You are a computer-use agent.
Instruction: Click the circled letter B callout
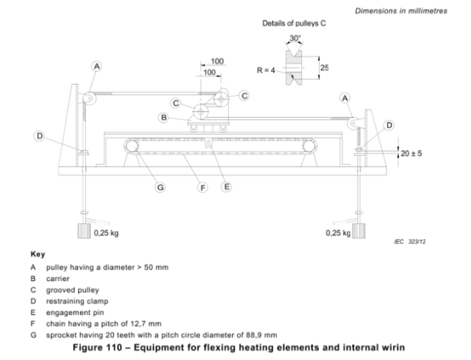click(x=163, y=118)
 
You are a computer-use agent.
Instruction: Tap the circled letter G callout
click(x=160, y=187)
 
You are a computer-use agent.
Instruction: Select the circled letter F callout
click(x=203, y=188)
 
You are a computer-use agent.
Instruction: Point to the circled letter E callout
click(x=227, y=187)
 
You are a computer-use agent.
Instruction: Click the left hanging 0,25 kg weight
click(x=84, y=231)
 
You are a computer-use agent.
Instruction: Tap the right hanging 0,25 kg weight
click(x=358, y=231)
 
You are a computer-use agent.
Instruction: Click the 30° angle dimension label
click(x=295, y=38)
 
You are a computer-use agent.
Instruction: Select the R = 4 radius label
click(x=266, y=70)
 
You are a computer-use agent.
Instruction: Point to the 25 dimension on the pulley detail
click(x=325, y=67)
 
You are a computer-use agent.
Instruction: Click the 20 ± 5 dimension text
click(x=411, y=153)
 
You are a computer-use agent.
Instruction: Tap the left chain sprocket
click(x=132, y=146)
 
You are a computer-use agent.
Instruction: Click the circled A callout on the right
click(x=345, y=98)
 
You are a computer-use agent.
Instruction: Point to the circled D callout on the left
click(x=39, y=136)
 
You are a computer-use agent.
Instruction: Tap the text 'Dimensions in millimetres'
click(x=401, y=11)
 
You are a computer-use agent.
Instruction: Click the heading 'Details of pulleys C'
click(x=294, y=24)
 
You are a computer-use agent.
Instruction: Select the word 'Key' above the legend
click(x=38, y=255)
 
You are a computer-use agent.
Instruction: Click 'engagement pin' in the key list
click(x=75, y=313)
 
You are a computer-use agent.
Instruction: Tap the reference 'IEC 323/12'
click(x=410, y=242)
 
